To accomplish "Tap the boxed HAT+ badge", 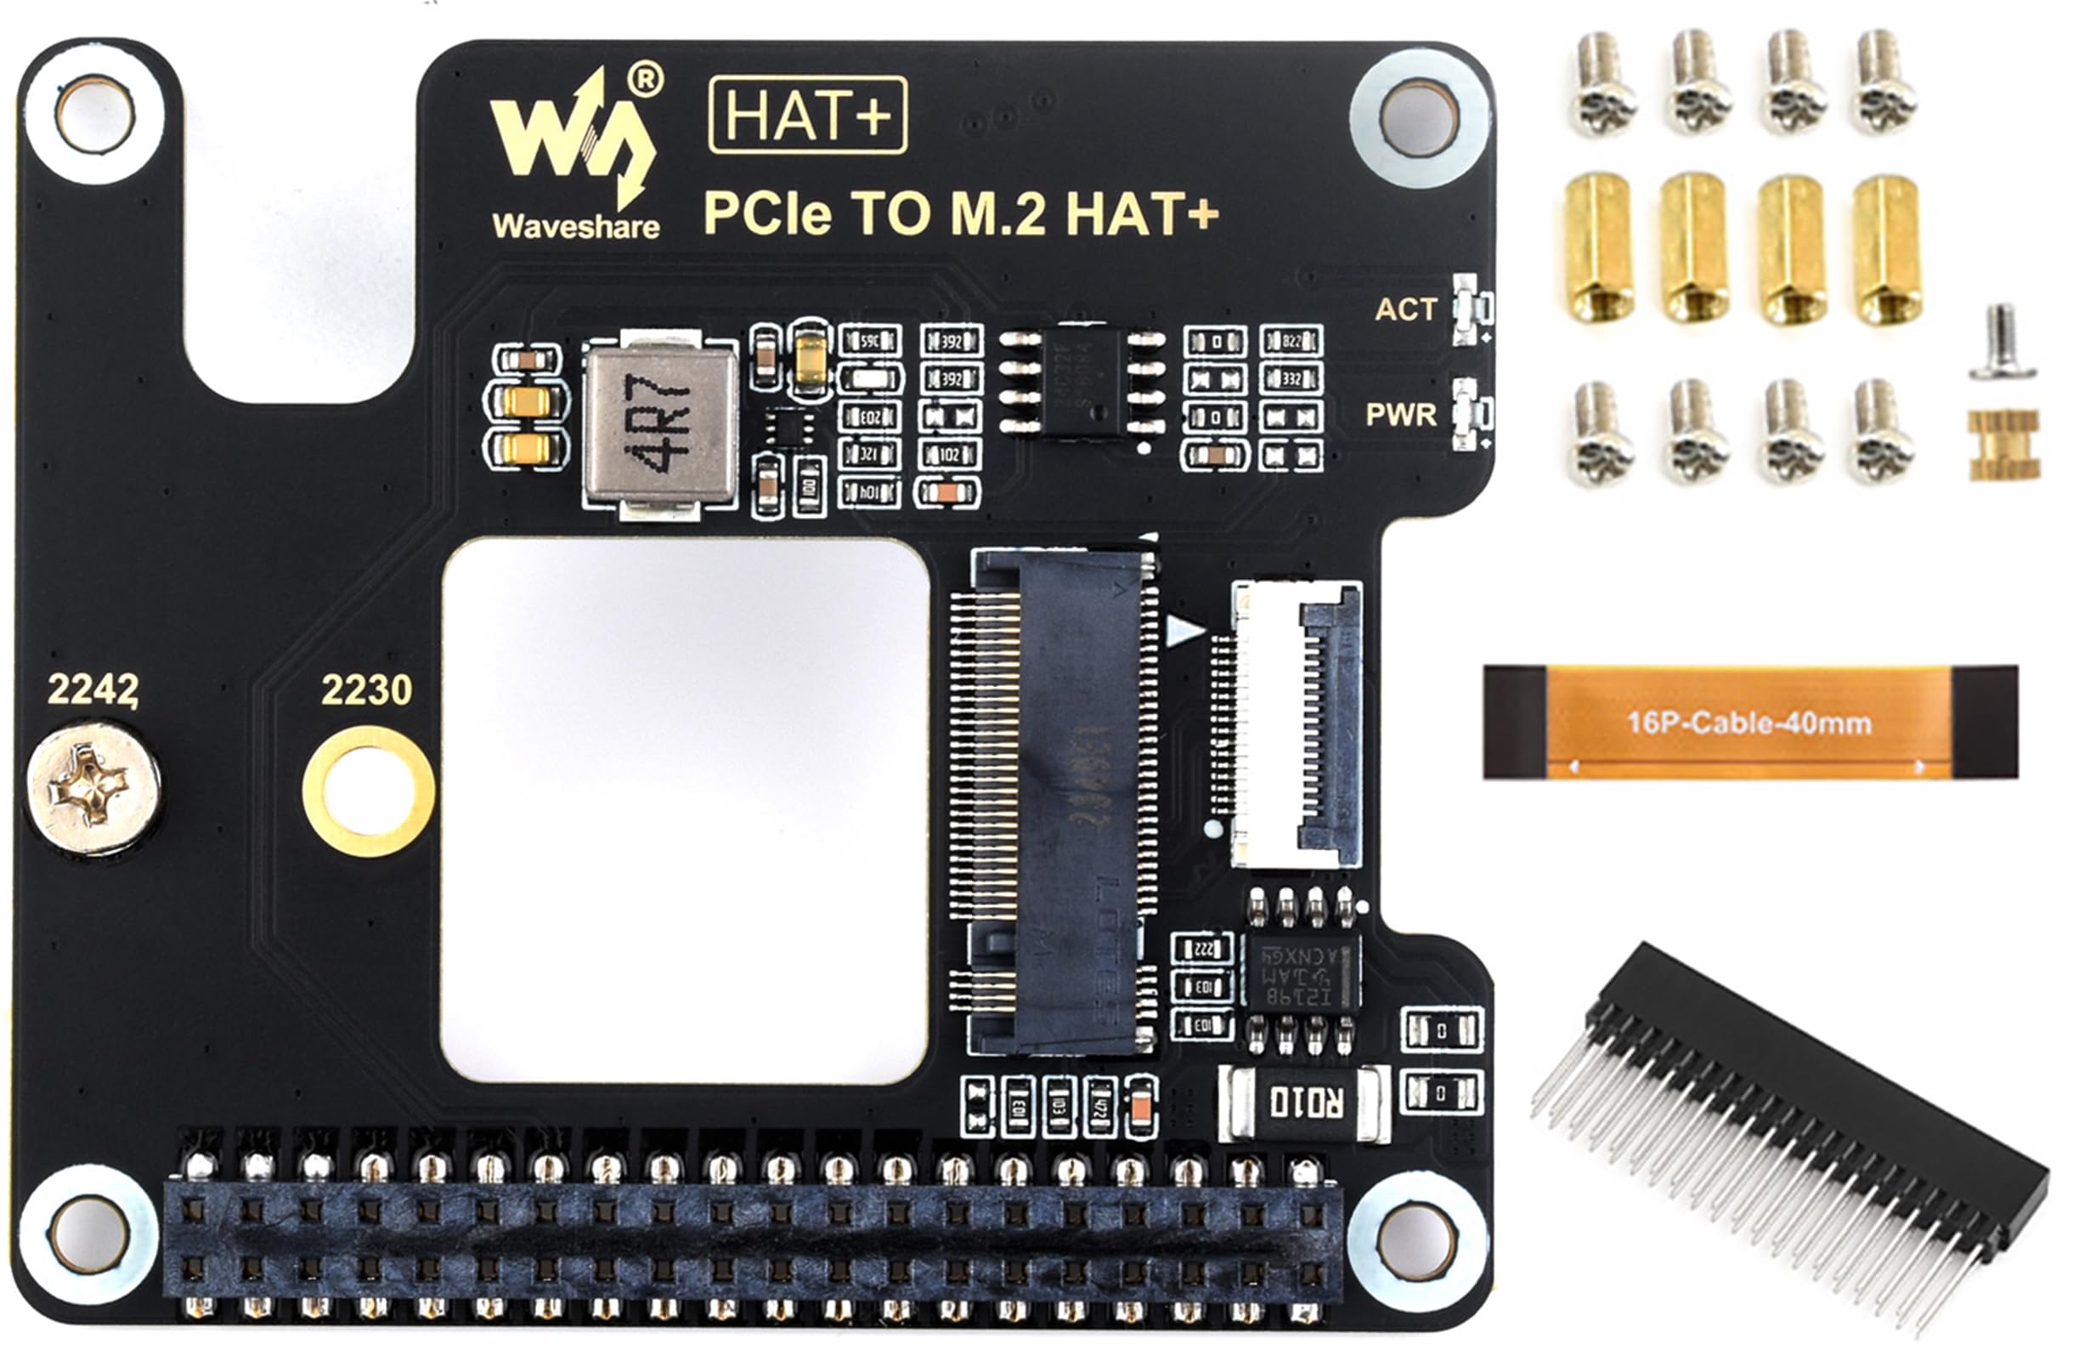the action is [807, 115].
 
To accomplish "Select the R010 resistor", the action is [1305, 1103].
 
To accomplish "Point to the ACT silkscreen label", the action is [1405, 309].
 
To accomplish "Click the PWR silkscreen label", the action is [1401, 415].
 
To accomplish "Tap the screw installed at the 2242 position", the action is [93, 789].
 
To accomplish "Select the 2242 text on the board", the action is [93, 689].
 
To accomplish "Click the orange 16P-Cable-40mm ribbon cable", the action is [1750, 723].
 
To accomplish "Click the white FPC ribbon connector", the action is [1296, 725].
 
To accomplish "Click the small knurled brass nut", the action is [2003, 445].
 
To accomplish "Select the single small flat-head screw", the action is [2002, 342].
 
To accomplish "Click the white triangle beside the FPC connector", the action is [1182, 630].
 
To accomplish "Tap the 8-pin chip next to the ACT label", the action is [1082, 381].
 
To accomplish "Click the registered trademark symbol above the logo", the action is [645, 78].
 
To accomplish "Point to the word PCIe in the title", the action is [766, 213].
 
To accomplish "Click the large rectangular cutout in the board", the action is [686, 810].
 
